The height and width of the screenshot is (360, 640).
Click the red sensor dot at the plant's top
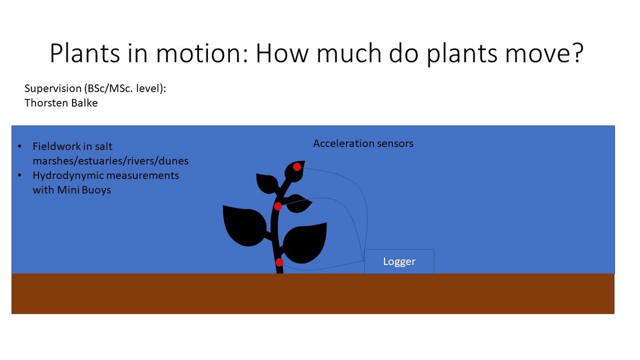tap(297, 167)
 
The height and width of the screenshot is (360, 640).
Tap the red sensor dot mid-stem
tap(278, 206)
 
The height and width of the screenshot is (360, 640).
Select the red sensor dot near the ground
tap(279, 262)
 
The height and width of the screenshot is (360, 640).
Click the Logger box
tap(399, 261)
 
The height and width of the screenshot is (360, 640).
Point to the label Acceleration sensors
tap(363, 143)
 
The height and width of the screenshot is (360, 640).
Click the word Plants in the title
tap(85, 53)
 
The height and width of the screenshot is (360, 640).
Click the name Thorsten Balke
tap(61, 103)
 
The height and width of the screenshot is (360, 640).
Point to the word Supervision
tap(53, 89)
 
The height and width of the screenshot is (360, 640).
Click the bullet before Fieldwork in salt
tap(19, 147)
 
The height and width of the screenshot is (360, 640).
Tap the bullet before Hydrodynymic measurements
tap(19, 175)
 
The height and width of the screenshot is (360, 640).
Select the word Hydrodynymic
tap(69, 175)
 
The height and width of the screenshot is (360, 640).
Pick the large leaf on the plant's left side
tap(245, 225)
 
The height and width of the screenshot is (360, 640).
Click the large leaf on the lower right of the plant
tap(305, 243)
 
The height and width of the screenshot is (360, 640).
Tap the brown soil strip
tap(313, 294)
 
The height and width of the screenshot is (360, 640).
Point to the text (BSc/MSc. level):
tap(125, 89)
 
